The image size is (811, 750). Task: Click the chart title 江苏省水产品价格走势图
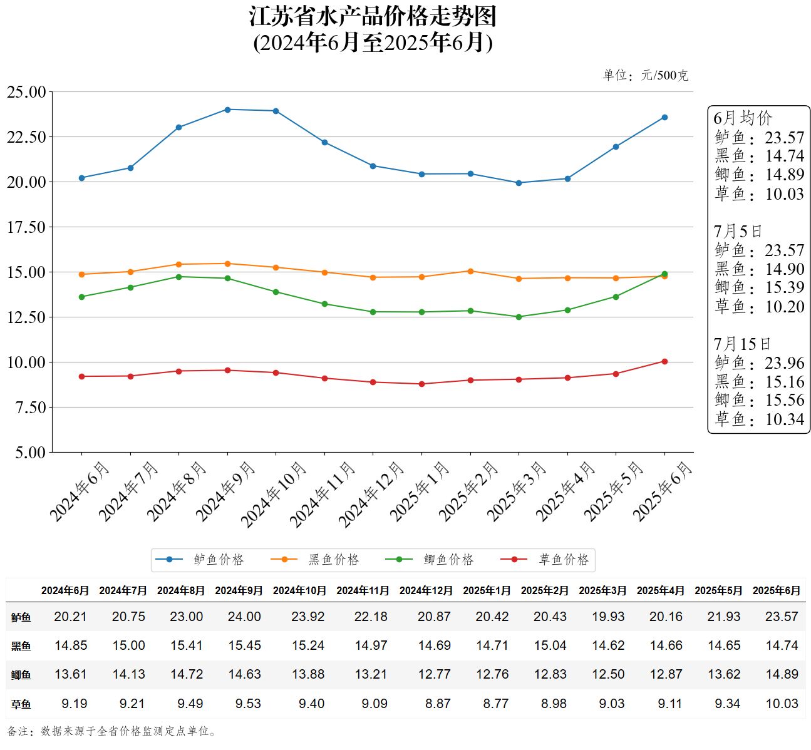click(373, 17)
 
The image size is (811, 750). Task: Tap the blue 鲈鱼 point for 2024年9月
click(227, 110)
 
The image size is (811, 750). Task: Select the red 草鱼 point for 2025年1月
click(421, 384)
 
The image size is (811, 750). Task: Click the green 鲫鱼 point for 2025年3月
click(519, 317)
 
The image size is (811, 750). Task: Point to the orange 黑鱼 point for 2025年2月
click(470, 271)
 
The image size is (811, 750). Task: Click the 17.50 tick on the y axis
click(26, 227)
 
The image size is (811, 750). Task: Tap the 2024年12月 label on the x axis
click(371, 494)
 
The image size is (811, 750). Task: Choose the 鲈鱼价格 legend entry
click(200, 560)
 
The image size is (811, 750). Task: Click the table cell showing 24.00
click(244, 617)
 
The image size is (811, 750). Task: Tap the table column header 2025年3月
click(602, 590)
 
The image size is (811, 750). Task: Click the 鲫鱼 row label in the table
click(21, 675)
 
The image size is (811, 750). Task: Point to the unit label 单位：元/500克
click(645, 76)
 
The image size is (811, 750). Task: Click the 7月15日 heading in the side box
click(742, 344)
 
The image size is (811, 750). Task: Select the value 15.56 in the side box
click(784, 401)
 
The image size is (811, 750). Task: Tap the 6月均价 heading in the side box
click(743, 118)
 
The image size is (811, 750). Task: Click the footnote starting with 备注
click(113, 731)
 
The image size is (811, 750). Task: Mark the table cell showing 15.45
click(244, 645)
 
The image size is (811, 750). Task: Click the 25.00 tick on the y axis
click(26, 92)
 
